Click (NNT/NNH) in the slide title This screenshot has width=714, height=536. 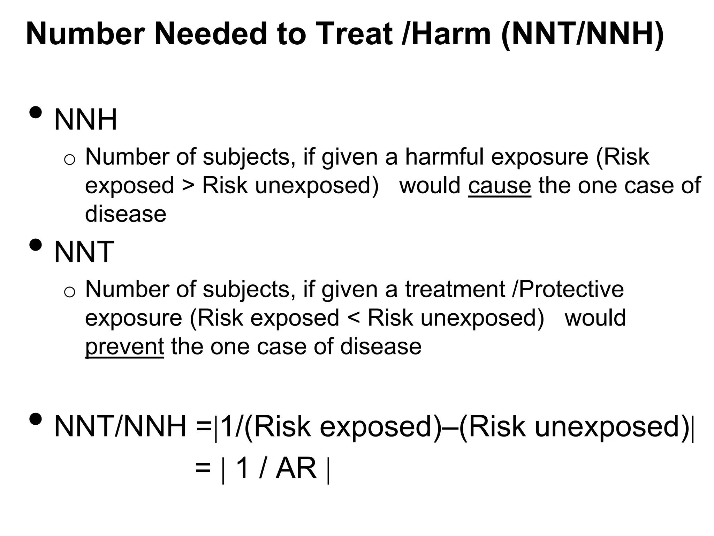click(582, 34)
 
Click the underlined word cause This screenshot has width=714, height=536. click(499, 186)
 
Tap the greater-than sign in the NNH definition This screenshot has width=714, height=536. click(188, 186)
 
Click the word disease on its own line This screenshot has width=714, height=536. click(126, 214)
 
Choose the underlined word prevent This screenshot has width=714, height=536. click(124, 347)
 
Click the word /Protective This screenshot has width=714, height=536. click(568, 289)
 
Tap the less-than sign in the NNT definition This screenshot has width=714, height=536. click(353, 318)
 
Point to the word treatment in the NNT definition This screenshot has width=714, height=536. click(455, 289)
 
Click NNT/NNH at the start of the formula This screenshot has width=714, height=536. click(120, 427)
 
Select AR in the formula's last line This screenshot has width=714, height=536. click(296, 468)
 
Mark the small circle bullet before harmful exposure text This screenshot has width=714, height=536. click(70, 159)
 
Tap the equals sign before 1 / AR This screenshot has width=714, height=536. click(203, 468)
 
